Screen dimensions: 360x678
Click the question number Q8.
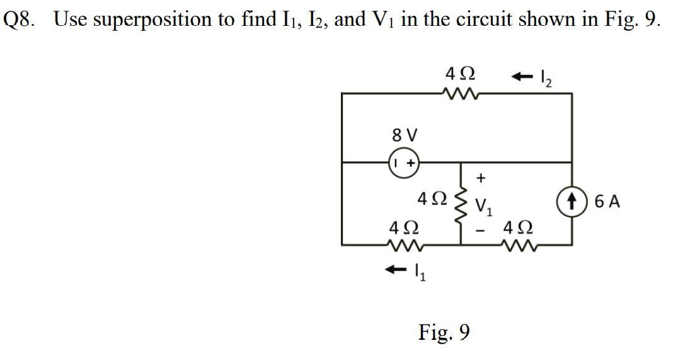[x=19, y=20]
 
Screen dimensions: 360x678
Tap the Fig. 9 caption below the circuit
[x=444, y=331]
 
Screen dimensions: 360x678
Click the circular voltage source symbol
[x=404, y=162]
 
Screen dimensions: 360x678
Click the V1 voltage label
[x=483, y=204]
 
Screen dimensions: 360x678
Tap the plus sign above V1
[x=481, y=178]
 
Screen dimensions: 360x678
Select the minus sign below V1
[x=481, y=231]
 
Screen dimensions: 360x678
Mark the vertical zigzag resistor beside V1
[x=461, y=202]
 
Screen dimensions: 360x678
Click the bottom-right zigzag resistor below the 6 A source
[x=520, y=243]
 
